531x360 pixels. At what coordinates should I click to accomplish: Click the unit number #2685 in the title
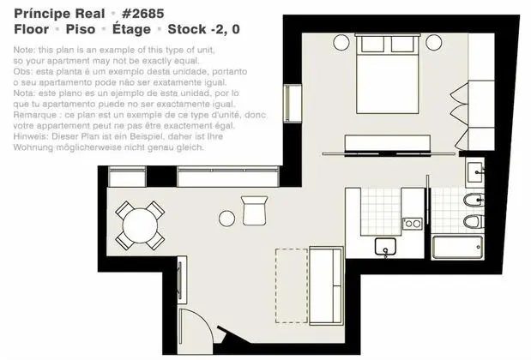point(143,14)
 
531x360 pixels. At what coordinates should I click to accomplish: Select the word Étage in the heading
point(131,28)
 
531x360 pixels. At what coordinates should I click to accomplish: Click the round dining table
point(140,225)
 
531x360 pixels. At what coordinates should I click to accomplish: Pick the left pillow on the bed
point(372,45)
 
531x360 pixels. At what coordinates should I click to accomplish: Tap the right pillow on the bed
point(402,45)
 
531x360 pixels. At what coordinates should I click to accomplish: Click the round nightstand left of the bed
point(341,43)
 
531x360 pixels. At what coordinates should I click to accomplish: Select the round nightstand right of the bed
point(434,43)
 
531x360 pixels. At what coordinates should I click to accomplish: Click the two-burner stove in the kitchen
point(413,224)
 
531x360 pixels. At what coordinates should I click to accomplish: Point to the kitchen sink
point(385,246)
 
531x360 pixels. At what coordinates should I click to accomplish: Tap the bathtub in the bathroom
point(457,248)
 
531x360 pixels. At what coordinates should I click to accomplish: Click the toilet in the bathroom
point(474,222)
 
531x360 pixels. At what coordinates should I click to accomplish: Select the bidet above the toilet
point(474,201)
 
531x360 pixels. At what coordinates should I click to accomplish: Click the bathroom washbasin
point(475,172)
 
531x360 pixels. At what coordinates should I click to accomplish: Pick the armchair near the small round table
point(255,211)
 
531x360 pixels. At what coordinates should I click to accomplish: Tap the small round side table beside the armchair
point(226,219)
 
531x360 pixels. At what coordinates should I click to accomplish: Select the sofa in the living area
point(326,286)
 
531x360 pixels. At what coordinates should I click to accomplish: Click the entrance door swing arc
point(206,321)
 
